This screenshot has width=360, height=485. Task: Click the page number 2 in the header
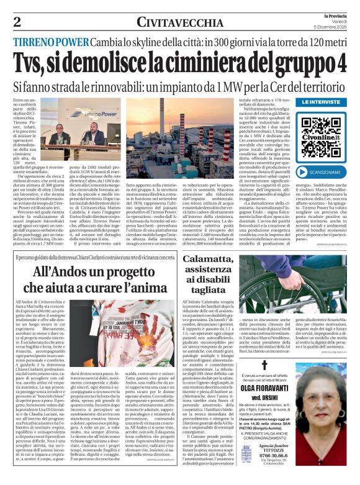(16, 22)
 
